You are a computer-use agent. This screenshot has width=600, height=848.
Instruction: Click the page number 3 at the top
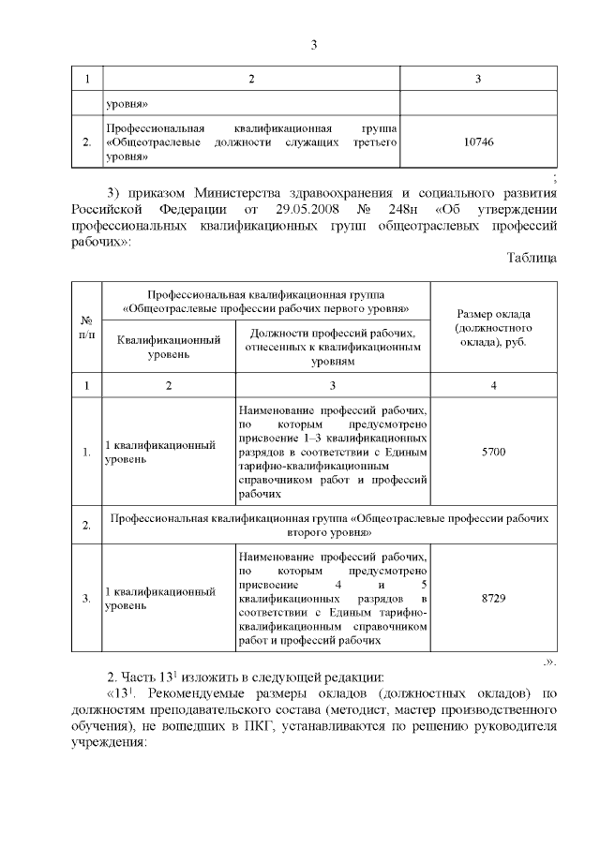314,45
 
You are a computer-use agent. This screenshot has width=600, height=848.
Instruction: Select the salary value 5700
492,453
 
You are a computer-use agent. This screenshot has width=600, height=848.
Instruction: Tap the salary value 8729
492,598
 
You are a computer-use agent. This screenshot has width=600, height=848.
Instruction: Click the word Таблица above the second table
532,258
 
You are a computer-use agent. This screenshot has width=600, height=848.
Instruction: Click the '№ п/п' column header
86,329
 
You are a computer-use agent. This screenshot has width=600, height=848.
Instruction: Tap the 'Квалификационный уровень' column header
168,349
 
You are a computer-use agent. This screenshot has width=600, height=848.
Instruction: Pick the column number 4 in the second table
492,385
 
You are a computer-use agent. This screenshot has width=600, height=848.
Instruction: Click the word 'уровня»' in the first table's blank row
127,102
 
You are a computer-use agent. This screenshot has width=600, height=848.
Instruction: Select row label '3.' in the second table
86,598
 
